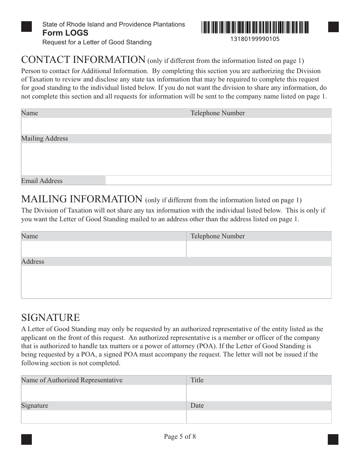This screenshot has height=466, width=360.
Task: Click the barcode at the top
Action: click(x=255, y=27)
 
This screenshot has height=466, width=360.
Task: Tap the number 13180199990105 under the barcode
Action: click(x=255, y=39)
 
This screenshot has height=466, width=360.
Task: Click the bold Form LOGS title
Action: click(x=65, y=33)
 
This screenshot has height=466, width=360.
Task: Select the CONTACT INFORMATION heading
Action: click(x=83, y=60)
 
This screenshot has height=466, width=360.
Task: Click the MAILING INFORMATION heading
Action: click(x=81, y=199)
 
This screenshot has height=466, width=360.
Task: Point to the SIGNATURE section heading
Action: click(x=50, y=317)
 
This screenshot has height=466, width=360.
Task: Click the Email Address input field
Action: click(x=218, y=180)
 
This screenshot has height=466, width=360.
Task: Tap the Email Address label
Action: click(x=42, y=181)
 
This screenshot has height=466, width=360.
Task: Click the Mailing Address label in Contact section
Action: click(x=45, y=138)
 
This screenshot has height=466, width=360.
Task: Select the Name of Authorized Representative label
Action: click(x=72, y=380)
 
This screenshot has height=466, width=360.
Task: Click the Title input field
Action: click(x=258, y=393)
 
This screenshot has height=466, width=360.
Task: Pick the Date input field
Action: click(x=258, y=416)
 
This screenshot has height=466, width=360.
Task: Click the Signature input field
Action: click(x=103, y=416)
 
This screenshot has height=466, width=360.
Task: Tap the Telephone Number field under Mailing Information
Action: click(x=258, y=249)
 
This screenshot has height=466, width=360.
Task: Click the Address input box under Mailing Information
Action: click(x=176, y=282)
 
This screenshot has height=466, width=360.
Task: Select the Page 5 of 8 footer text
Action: click(x=180, y=436)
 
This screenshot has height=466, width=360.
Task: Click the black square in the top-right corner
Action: click(x=333, y=27)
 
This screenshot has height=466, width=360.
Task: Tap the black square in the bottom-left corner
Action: click(x=27, y=439)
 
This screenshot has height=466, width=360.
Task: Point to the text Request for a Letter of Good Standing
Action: click(x=97, y=42)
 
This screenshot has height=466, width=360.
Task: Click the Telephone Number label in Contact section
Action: click(x=218, y=113)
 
